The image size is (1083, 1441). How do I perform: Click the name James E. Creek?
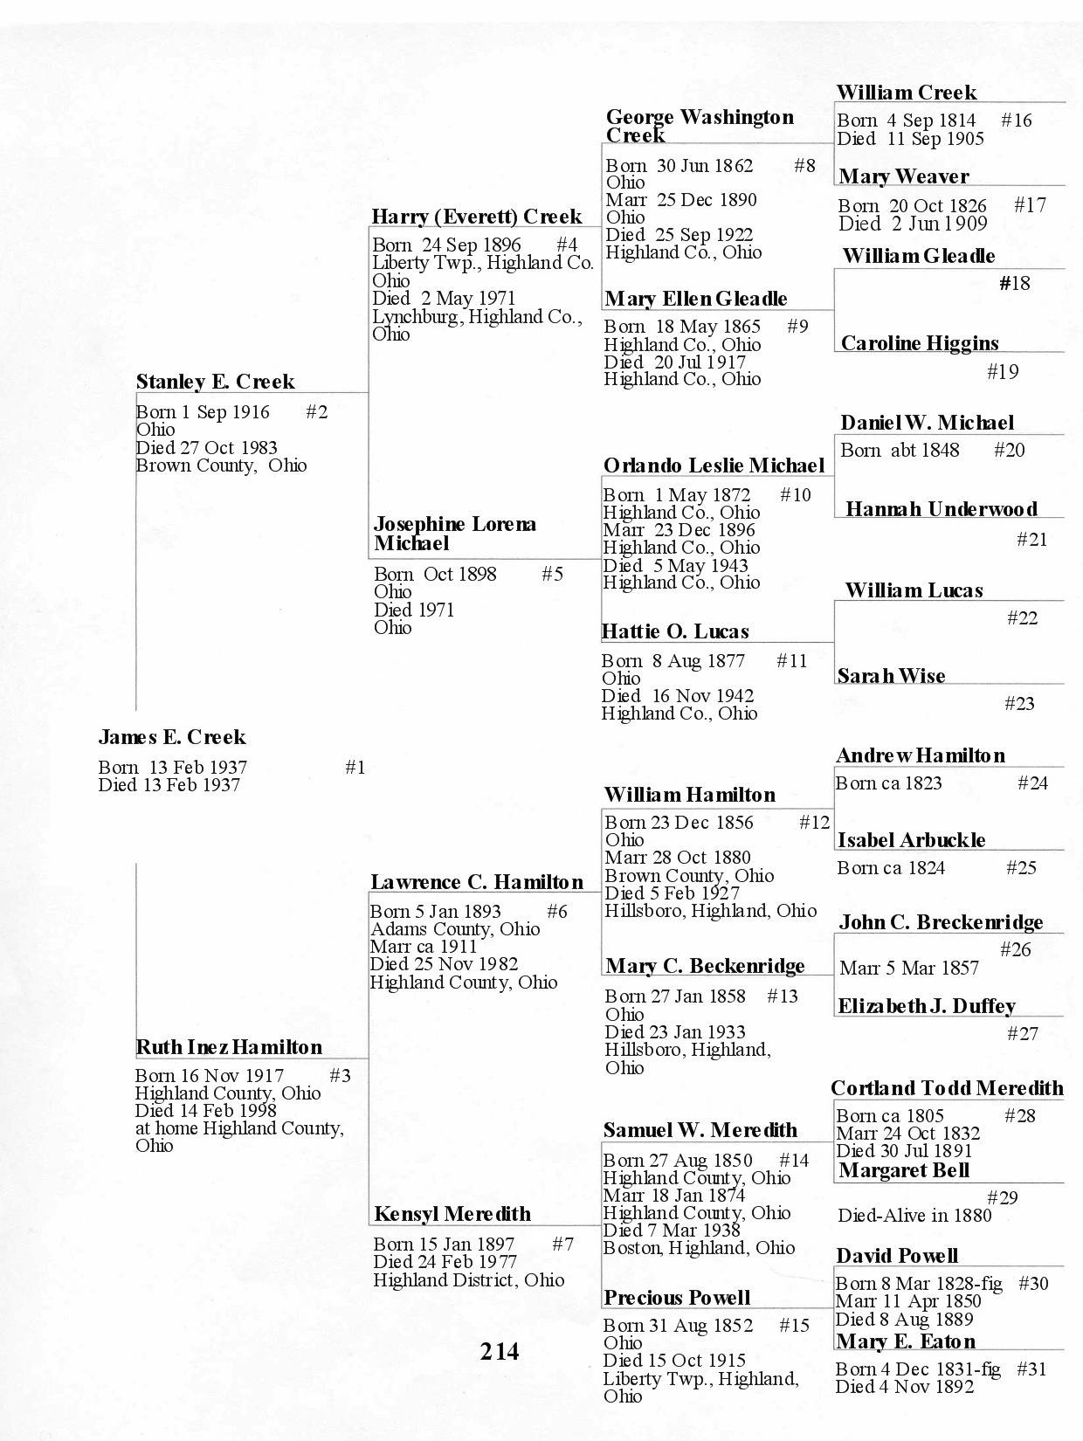172,737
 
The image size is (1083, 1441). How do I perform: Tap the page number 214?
500,1351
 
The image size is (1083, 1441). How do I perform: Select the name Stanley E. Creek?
215,382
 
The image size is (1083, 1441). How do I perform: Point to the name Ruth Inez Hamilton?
229,1047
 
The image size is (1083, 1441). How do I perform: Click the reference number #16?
1016,121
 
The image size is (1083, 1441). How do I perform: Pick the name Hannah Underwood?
942,509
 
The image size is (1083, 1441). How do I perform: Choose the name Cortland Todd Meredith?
947,1088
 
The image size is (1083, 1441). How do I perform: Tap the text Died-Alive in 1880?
914,1216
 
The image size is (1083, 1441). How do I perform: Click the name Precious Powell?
677,1298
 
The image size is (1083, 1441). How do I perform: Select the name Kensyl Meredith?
452,1214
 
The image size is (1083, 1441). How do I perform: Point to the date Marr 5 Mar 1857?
909,968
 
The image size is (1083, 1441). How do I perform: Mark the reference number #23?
1019,704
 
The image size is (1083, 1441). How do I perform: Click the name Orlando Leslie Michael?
714,465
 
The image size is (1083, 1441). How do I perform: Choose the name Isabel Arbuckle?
911,840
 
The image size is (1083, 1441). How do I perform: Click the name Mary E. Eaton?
906,1341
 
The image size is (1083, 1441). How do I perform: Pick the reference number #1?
355,768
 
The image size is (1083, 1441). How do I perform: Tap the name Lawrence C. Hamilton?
477,882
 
